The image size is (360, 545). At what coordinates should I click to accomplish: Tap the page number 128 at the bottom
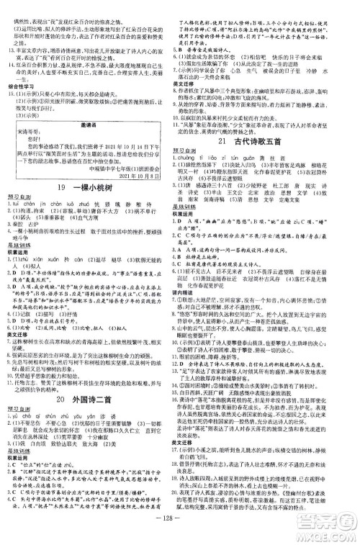pyautogui.click(x=181, y=530)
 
